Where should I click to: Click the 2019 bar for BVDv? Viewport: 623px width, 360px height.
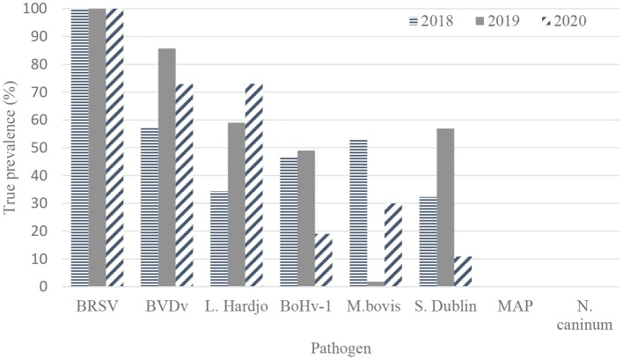click(x=166, y=167)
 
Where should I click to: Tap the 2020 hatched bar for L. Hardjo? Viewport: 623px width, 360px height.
click(x=253, y=185)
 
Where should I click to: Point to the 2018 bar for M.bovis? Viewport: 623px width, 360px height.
click(x=357, y=212)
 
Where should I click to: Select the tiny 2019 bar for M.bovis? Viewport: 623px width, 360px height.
click(x=375, y=283)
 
